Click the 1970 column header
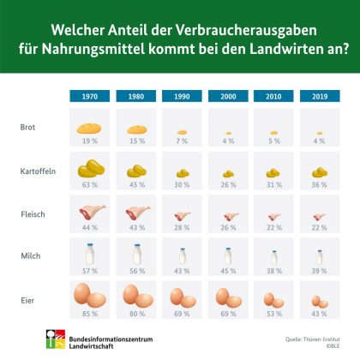[x=88, y=98]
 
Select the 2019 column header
[x=319, y=98]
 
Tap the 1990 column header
[x=181, y=98]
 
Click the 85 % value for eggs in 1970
[x=88, y=315]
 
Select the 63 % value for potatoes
[x=88, y=183]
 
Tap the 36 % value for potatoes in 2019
[x=319, y=183]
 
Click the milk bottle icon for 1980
[x=135, y=254]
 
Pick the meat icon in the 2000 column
[x=227, y=213]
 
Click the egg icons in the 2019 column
[x=319, y=300]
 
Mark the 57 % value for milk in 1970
[x=88, y=271]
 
